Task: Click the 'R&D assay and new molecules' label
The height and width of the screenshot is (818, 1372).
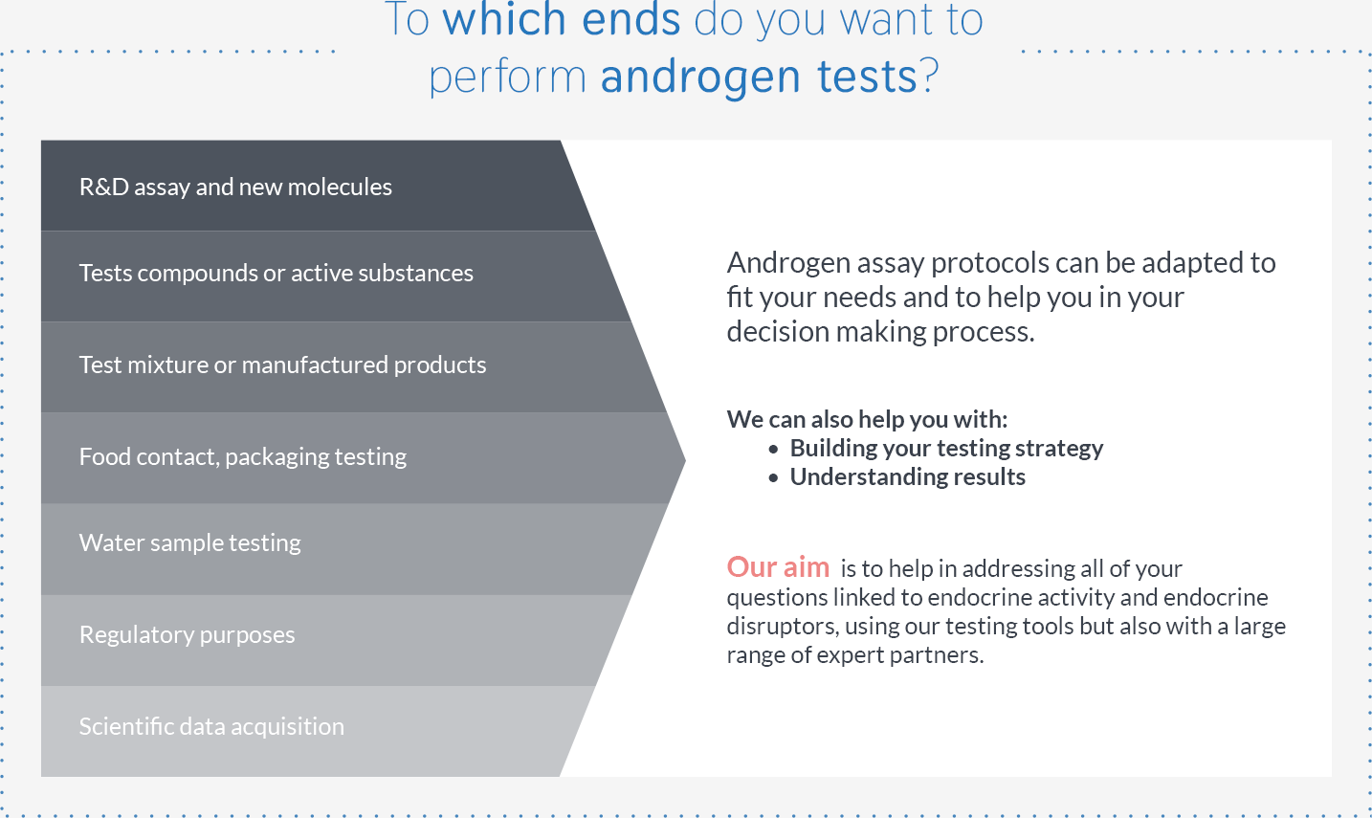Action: (x=235, y=187)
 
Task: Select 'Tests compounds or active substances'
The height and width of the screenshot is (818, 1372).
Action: (x=277, y=273)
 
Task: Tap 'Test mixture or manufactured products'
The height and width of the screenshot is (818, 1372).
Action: (x=283, y=365)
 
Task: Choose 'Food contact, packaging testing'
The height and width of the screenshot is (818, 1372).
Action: (x=243, y=456)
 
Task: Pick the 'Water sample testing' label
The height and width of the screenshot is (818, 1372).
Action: (x=190, y=543)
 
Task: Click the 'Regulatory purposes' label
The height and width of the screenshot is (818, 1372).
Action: (x=188, y=635)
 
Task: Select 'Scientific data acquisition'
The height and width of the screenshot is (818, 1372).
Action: (x=212, y=727)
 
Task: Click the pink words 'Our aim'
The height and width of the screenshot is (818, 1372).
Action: (x=779, y=567)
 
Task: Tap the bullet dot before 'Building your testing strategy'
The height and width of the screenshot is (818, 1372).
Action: (x=773, y=450)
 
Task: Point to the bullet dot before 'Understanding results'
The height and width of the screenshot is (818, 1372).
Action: (x=773, y=477)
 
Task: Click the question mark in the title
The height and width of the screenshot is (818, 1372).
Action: (x=929, y=76)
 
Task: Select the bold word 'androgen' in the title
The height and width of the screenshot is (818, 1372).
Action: (x=700, y=79)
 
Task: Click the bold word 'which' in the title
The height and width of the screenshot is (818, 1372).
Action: (x=504, y=19)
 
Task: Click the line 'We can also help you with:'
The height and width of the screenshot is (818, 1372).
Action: (x=867, y=420)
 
